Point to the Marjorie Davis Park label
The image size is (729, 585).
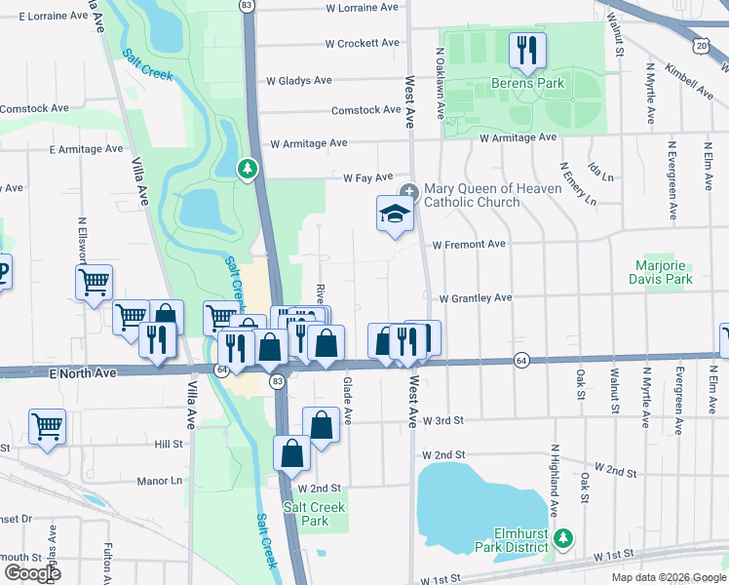coord(663,272)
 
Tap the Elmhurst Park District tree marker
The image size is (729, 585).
coord(562,537)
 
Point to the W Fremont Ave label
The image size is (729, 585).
coord(469,244)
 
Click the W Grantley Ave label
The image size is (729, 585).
coord(475,297)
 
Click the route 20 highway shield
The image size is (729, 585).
coord(702,45)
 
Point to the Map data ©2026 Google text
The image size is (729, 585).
coord(668,577)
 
